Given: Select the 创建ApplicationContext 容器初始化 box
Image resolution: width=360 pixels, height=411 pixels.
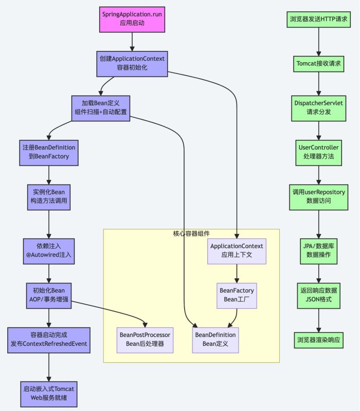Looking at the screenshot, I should coord(132,64).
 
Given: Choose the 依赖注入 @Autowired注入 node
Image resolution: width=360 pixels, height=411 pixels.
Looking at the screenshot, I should coord(48,251).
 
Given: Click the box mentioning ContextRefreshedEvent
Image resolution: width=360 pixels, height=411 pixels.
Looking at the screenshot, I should coord(48,340).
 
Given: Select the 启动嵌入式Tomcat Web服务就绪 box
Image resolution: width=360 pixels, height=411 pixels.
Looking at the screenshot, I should coord(48,393).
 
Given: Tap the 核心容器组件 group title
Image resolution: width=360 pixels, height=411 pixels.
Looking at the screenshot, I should coord(191,234).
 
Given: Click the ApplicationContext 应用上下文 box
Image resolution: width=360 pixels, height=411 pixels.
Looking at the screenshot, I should coord(237,251).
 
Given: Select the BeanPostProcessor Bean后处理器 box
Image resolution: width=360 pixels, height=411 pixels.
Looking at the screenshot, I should coord(145,339).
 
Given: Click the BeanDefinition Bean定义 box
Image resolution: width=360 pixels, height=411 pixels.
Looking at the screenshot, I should coord(215,339).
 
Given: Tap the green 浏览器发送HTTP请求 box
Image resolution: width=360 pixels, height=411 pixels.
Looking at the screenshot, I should coord(319,20).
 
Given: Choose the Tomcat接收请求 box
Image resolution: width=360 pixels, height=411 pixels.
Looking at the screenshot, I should coord(319,65).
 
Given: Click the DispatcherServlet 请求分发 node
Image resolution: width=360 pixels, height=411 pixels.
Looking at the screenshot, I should coord(319,107).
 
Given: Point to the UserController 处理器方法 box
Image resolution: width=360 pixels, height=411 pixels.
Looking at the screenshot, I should coord(319,152).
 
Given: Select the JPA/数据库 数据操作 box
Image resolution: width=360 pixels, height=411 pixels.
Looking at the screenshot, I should coord(319,250).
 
